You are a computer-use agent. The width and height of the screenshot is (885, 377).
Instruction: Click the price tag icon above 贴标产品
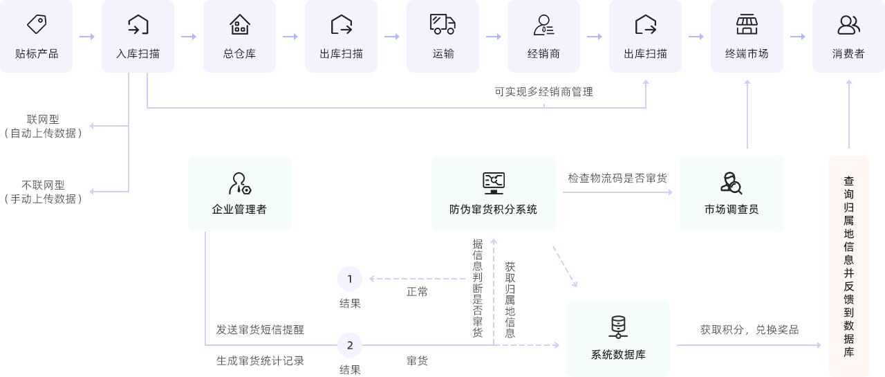(x=37, y=24)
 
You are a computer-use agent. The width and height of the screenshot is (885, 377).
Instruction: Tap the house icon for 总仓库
(x=239, y=24)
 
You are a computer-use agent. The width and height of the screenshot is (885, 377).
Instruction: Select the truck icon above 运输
(x=442, y=24)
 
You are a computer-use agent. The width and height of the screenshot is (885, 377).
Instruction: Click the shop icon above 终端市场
(x=747, y=24)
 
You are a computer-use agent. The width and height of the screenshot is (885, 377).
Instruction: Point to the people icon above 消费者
(x=848, y=24)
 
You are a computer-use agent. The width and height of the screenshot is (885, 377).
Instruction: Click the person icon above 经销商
(x=543, y=24)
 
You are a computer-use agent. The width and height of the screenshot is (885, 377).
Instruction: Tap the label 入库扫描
(x=138, y=53)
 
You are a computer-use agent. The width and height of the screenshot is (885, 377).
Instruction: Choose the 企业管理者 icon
(x=239, y=183)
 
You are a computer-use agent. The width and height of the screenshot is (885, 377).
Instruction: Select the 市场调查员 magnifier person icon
(x=731, y=183)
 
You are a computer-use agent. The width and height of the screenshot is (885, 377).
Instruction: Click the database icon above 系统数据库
(x=617, y=327)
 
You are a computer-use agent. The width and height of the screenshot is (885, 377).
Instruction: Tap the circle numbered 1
(x=350, y=279)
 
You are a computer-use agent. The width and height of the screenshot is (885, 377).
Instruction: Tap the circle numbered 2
(x=350, y=344)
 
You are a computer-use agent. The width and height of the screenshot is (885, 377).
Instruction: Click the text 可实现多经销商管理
(x=543, y=91)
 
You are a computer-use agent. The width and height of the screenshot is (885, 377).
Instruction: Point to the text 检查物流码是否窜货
(x=617, y=178)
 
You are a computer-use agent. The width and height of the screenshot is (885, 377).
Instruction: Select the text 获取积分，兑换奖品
(x=749, y=330)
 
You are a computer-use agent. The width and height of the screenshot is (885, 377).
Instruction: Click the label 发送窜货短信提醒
(x=260, y=330)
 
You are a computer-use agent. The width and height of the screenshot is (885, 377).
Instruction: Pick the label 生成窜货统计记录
(x=260, y=360)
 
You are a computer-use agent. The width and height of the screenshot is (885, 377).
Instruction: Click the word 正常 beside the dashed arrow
(x=417, y=292)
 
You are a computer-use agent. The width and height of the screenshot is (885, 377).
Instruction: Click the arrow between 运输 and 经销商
(x=493, y=36)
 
